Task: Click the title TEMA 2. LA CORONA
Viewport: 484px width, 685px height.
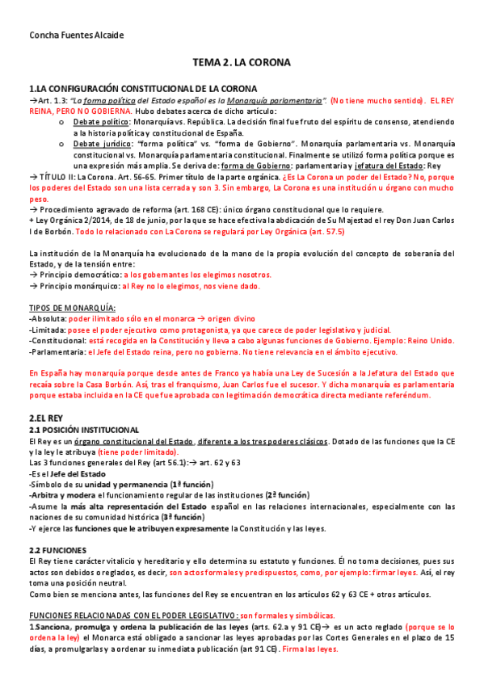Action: [x=242, y=61]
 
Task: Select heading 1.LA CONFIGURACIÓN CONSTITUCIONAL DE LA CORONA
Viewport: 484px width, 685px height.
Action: [x=143, y=88]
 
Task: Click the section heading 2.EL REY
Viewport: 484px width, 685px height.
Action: [x=46, y=418]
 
